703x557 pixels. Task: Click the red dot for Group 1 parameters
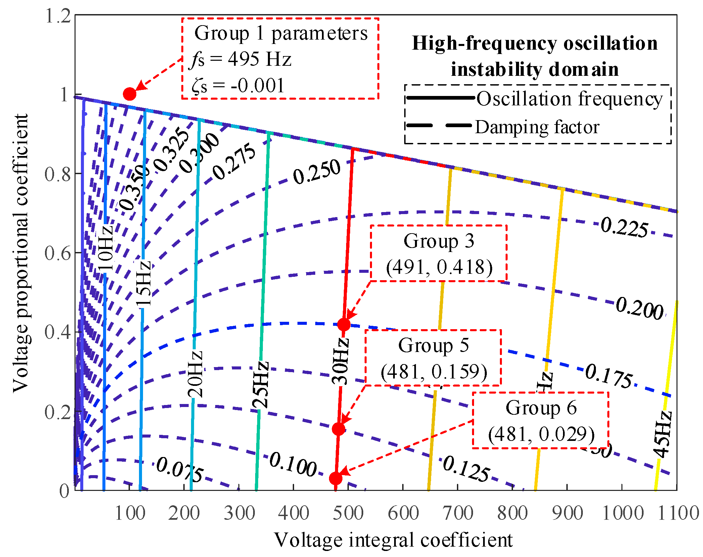tap(130, 94)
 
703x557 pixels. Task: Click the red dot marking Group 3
tap(344, 324)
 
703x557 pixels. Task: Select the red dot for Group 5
tap(338, 429)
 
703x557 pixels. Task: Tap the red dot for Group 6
tap(335, 478)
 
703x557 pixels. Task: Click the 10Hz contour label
tap(105, 248)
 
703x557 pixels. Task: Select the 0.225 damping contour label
tap(624, 227)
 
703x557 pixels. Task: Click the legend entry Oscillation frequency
tap(569, 99)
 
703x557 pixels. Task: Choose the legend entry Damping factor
tap(537, 127)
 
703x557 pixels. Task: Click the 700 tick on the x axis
tap(458, 513)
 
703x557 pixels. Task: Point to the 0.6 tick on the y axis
tap(58, 253)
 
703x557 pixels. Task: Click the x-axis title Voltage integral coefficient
tap(393, 540)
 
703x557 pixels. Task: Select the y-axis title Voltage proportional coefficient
tap(21, 253)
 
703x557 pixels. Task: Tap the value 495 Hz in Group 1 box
tap(260, 59)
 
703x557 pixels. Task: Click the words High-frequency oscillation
tap(534, 43)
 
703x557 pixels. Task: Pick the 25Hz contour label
tap(261, 385)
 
